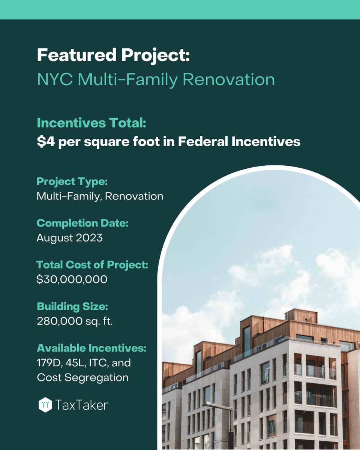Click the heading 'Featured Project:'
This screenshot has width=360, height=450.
113,55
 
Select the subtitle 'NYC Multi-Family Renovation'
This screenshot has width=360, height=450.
155,79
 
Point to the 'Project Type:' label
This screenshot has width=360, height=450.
72,182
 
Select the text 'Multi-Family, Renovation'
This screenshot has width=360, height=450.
100,196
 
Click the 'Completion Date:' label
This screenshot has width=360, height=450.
82,223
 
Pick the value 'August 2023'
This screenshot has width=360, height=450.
69,238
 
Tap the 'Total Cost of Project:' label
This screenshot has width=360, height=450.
92,265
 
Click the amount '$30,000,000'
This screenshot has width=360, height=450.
72,279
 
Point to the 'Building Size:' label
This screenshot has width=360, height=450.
72,306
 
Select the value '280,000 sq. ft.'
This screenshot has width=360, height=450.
75,321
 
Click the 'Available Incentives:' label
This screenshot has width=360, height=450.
91,348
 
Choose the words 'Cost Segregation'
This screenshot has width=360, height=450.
82,377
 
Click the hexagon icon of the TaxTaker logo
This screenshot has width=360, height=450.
45,405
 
